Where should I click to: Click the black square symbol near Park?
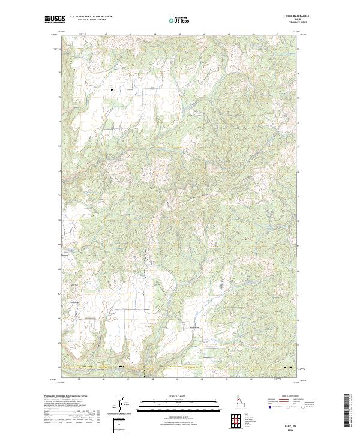click(112, 90)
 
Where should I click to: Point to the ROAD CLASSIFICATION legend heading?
click(290, 397)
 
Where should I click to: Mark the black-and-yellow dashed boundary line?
click(180, 366)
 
